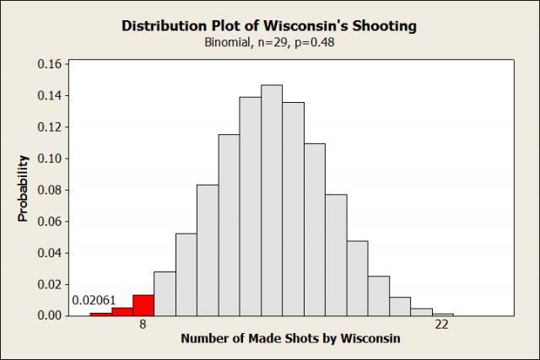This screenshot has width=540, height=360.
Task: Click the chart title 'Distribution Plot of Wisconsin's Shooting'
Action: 269,25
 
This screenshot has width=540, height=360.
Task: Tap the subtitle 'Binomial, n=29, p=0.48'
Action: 269,42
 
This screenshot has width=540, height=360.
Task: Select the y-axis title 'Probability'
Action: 24,188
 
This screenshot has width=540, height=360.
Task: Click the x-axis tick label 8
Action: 143,324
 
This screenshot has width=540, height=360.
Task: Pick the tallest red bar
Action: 143,305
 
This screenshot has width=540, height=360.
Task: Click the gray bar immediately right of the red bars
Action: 165,294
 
